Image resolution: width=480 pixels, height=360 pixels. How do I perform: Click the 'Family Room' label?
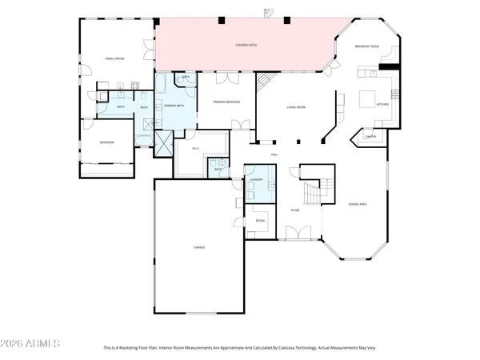click(114, 58)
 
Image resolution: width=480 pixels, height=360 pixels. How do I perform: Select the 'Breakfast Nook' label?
click(368, 46)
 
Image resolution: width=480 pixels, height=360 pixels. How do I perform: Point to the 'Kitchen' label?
click(382, 105)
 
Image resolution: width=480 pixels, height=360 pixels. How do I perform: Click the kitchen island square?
click(366, 99)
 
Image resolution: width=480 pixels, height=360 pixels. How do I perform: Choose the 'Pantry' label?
click(370, 137)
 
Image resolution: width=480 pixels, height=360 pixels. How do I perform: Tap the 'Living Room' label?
click(298, 106)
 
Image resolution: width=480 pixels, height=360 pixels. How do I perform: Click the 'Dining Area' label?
click(357, 205)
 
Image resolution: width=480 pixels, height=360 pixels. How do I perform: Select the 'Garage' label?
click(199, 247)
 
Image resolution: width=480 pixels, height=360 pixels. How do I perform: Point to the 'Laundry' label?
click(257, 180)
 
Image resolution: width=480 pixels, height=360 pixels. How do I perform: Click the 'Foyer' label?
click(294, 210)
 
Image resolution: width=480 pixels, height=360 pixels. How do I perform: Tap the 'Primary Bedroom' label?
click(226, 102)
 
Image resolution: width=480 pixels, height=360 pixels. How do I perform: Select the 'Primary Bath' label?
click(174, 105)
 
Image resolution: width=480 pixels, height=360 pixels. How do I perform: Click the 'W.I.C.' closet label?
click(195, 148)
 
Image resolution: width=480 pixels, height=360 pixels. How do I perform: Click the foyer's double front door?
click(294, 234)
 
